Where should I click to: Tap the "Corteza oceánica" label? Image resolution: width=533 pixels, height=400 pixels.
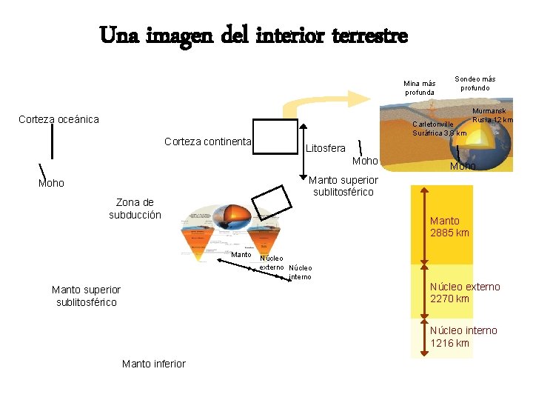click(58, 119)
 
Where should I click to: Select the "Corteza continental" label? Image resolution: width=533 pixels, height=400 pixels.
click(208, 141)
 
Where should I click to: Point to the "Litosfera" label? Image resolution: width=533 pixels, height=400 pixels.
click(325, 149)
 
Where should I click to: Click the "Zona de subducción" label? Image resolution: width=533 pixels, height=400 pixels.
click(135, 208)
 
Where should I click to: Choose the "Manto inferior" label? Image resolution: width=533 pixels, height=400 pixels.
click(153, 363)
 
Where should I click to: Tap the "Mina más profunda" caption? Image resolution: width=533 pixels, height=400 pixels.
click(420, 87)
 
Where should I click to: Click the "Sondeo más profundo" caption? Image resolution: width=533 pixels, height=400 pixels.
click(475, 83)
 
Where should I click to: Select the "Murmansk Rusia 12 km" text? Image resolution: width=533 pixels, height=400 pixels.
click(493, 115)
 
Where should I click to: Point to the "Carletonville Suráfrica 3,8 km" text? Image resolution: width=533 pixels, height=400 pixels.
click(439, 128)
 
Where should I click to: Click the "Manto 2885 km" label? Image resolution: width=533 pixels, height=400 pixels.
click(449, 227)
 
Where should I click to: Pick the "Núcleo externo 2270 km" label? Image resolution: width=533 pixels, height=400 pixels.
click(465, 293)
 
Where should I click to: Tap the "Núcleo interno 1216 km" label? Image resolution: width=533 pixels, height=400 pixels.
click(463, 336)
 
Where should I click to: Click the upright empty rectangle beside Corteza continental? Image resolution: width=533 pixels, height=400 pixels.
click(274, 136)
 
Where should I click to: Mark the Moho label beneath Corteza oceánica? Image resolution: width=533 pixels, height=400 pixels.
click(51, 183)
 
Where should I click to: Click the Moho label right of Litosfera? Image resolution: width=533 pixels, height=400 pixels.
click(365, 161)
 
